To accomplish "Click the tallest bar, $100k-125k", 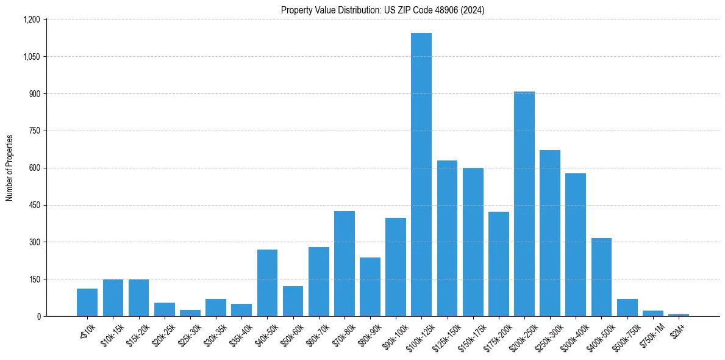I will click(x=421, y=175).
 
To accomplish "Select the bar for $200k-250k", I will click(x=524, y=204).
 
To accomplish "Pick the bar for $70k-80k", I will click(x=345, y=264).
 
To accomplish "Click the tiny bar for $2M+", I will click(x=679, y=315).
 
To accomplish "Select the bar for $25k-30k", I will click(x=190, y=313).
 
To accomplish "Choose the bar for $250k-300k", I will click(x=550, y=233).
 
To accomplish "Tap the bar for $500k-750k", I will click(x=627, y=308).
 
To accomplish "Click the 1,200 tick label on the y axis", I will click(x=31, y=20).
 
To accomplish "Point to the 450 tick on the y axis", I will click(x=34, y=205).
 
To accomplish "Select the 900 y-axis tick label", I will click(x=34, y=94).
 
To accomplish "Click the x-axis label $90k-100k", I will click(x=394, y=333).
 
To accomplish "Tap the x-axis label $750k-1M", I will click(x=652, y=333).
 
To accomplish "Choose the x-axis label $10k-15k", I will click(x=112, y=333).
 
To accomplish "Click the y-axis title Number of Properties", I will click(x=10, y=168).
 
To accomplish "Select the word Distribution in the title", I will click(x=359, y=10).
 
